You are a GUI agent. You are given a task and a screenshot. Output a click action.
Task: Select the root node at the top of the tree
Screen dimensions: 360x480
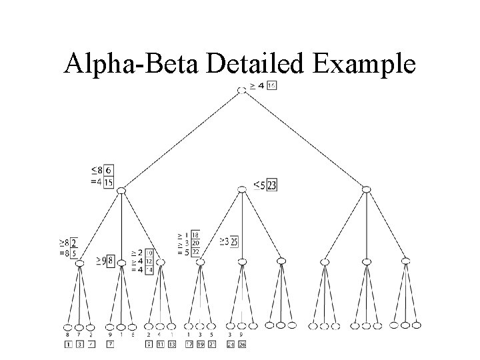pyautogui.click(x=242, y=89)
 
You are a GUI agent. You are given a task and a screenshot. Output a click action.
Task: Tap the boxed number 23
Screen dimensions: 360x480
pyautogui.click(x=271, y=185)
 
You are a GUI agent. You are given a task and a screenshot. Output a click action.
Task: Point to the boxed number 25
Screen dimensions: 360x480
pyautogui.click(x=234, y=241)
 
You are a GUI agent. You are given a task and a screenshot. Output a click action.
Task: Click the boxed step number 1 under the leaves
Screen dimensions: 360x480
pyautogui.click(x=67, y=344)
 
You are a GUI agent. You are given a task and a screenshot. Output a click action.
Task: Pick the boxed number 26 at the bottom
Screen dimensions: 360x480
pyautogui.click(x=241, y=344)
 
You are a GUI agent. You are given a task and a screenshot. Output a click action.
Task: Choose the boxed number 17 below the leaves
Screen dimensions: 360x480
pyautogui.click(x=189, y=344)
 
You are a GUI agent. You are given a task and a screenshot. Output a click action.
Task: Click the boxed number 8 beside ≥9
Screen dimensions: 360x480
pyautogui.click(x=110, y=260)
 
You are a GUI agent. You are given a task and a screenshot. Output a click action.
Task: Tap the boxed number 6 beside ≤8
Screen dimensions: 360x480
pyautogui.click(x=108, y=171)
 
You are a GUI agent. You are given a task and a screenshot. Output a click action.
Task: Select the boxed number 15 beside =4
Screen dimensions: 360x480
pyautogui.click(x=108, y=181)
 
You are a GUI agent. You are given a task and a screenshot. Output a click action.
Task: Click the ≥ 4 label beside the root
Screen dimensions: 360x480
pyautogui.click(x=256, y=86)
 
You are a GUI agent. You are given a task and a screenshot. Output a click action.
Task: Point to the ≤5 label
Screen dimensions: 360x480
pyautogui.click(x=259, y=185)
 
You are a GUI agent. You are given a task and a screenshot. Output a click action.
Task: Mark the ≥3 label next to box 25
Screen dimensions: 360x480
pyautogui.click(x=225, y=241)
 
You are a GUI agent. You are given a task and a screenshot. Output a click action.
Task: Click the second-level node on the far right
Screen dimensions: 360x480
pyautogui.click(x=366, y=190)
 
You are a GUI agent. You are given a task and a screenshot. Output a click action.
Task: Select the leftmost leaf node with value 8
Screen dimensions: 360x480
pyautogui.click(x=67, y=327)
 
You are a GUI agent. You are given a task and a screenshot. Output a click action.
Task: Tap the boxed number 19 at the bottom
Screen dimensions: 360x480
pyautogui.click(x=201, y=344)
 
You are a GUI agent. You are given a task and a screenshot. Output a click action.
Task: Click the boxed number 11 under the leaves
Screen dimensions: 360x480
pyautogui.click(x=160, y=344)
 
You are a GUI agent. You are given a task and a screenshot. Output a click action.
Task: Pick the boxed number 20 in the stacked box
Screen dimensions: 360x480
pyautogui.click(x=195, y=243)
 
